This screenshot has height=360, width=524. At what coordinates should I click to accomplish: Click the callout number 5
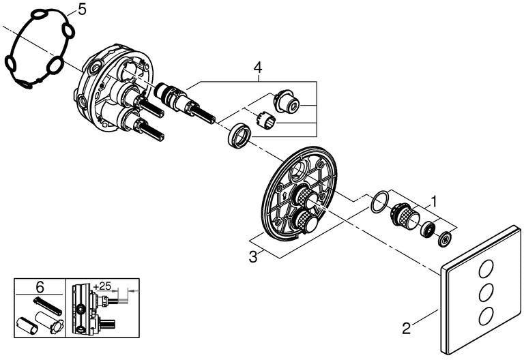tap(82, 10)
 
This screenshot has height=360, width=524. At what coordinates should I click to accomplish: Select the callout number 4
tap(258, 67)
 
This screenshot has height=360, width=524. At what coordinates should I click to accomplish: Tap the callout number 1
tap(433, 201)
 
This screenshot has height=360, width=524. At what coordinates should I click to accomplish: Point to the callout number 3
tap(253, 257)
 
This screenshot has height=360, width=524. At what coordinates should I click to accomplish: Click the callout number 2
tap(406, 329)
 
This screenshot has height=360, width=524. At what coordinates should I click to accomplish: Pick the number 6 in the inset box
tap(40, 287)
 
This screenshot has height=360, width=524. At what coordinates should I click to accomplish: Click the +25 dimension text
tap(102, 286)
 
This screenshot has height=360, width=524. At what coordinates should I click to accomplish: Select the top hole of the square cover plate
tap(484, 269)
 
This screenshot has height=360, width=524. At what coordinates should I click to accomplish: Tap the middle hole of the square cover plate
tap(484, 292)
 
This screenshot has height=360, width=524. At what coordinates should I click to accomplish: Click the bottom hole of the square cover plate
tap(484, 316)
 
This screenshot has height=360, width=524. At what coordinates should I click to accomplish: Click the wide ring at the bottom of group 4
tap(239, 135)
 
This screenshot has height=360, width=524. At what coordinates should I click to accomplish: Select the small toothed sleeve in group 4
tap(265, 120)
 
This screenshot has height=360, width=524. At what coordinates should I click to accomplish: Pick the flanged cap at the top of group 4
tap(286, 100)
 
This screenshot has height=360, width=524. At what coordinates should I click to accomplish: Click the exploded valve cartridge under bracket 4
tap(184, 103)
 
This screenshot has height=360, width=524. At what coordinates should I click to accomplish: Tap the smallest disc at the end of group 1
tap(444, 239)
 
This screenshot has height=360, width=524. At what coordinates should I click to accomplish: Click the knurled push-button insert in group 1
tap(405, 215)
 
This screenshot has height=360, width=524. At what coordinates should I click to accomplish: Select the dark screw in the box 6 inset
tap(47, 305)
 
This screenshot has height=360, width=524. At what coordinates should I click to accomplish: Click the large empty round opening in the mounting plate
tap(300, 171)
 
